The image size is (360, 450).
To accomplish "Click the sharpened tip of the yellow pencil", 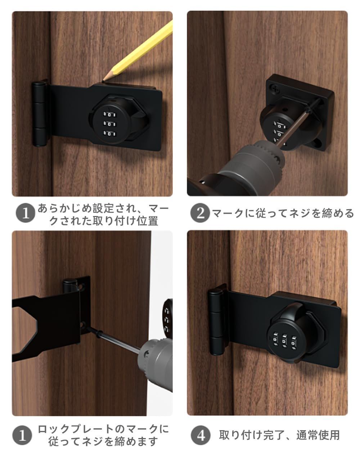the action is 103,81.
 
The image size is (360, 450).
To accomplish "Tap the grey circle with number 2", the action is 200,213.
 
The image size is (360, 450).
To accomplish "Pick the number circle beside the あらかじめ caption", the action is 26,213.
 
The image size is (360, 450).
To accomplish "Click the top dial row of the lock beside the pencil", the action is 109,114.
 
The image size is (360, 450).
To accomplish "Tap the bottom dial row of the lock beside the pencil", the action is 109,133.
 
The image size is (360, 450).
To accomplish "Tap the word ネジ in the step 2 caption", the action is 299,213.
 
